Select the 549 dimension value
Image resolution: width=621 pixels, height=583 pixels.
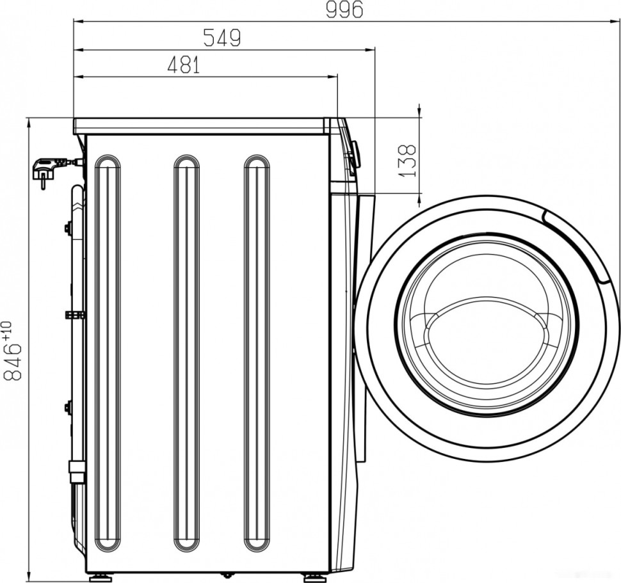click(x=222, y=38)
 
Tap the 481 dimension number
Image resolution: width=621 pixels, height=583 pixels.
click(x=184, y=65)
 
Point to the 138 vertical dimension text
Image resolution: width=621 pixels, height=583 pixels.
click(x=407, y=160)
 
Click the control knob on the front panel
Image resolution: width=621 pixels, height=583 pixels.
click(x=354, y=154)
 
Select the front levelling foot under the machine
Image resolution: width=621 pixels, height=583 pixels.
click(x=315, y=577)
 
